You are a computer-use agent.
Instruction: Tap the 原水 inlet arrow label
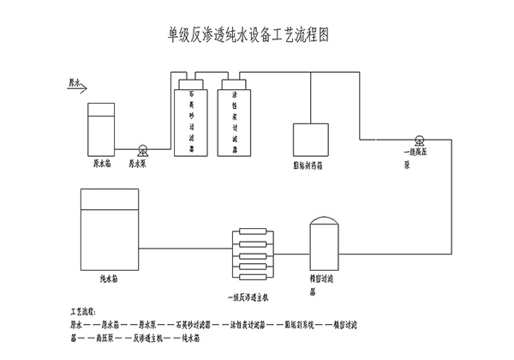tap(76, 84)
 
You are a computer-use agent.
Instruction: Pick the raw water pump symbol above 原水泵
tap(142, 148)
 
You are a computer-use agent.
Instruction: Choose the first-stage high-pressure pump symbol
tap(419, 140)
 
